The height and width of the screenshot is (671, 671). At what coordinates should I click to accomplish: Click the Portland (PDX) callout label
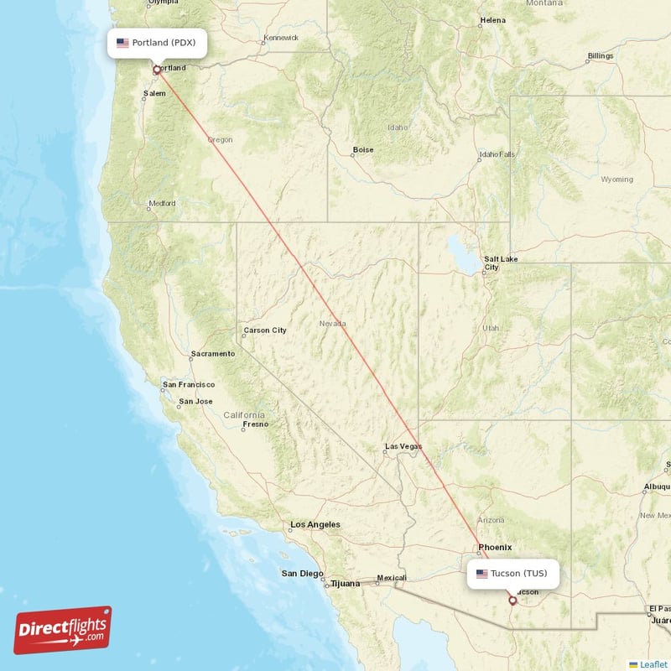pyautogui.click(x=157, y=43)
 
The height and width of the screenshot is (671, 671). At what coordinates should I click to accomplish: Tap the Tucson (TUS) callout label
pyautogui.click(x=512, y=574)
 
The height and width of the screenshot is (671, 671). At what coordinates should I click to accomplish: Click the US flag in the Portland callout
pyautogui.click(x=122, y=43)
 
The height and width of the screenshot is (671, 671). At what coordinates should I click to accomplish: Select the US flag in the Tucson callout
pyautogui.click(x=481, y=574)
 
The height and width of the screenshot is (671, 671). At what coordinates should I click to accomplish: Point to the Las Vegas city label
pyautogui.click(x=403, y=446)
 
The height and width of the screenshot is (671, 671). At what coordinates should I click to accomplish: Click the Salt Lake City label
pyautogui.click(x=500, y=263)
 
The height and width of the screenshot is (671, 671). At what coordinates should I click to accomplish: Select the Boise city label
pyautogui.click(x=363, y=150)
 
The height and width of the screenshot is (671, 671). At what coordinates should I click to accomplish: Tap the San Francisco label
pyautogui.click(x=189, y=384)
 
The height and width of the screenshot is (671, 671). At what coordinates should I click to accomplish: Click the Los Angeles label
pyautogui.click(x=315, y=524)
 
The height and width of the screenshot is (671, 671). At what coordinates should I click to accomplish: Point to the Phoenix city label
pyautogui.click(x=495, y=547)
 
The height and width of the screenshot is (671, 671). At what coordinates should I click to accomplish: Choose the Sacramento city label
pyautogui.click(x=213, y=353)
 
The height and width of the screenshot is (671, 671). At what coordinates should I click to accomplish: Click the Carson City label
pyautogui.click(x=265, y=330)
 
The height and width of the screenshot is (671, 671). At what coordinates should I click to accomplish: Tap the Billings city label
pyautogui.click(x=601, y=56)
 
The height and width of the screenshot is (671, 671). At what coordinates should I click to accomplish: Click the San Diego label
pyautogui.click(x=302, y=574)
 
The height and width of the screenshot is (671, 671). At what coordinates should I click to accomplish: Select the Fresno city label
pyautogui.click(x=255, y=424)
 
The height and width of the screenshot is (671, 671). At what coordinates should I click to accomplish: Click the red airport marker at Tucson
pyautogui.click(x=512, y=601)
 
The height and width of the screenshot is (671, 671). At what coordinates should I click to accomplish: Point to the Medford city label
pyautogui.click(x=162, y=203)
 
